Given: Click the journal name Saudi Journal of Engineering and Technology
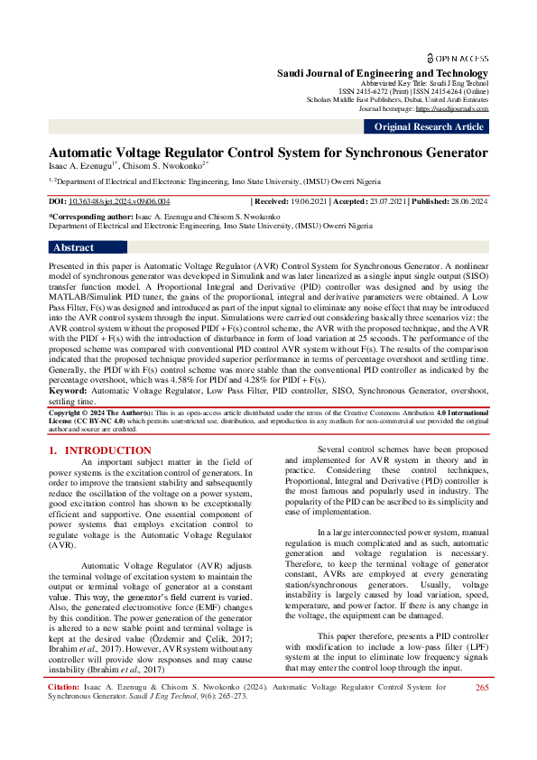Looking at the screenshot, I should pos(382,72).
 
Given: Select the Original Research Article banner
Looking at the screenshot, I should pos(429,127).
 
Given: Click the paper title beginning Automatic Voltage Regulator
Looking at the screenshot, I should pos(268,153).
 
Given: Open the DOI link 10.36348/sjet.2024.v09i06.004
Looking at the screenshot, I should pos(119,202).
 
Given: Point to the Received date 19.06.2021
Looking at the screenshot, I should pos(304,202).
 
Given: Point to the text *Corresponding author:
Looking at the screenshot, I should pos(90,218).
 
